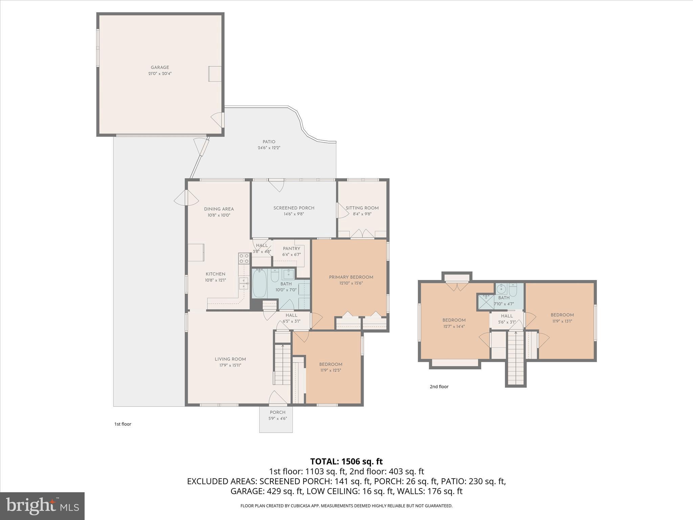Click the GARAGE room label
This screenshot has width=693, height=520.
coord(160,67)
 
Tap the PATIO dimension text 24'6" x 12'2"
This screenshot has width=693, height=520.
coord(269,148)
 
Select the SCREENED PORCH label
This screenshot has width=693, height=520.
coord(294,208)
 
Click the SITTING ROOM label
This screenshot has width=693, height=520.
coord(362,208)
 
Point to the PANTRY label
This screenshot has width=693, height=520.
coord(291,248)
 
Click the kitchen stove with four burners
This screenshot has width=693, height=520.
coord(244,259)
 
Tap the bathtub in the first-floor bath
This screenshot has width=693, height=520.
coord(260,283)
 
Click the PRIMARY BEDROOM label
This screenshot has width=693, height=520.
coord(351,277)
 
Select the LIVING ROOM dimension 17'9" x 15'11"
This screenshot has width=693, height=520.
coord(230,365)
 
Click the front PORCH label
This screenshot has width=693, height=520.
coord(277,412)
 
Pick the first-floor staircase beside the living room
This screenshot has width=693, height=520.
coord(282,364)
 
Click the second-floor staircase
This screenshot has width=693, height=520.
coord(516,359)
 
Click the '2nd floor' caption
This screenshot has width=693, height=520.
coord(439,387)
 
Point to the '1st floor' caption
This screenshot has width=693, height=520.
coord(122,424)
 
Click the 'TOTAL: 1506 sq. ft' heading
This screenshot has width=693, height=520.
coord(346,461)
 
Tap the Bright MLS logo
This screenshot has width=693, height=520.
coord(42,506)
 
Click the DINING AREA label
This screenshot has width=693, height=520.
coord(219,209)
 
